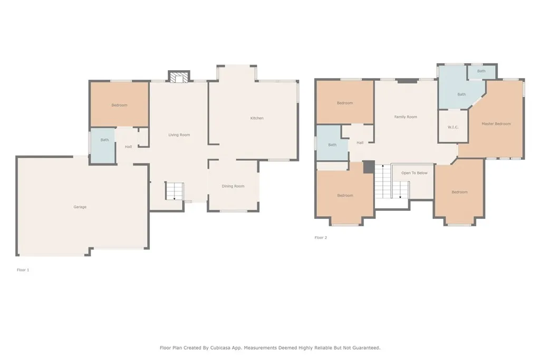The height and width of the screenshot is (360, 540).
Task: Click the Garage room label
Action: [x=80, y=207]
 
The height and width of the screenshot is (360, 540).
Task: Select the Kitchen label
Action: [x=257, y=118]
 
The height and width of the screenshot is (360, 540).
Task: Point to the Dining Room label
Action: [x=233, y=186]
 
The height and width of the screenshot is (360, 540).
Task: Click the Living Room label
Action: [x=179, y=135]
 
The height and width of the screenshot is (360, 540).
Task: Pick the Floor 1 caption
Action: [x=23, y=270]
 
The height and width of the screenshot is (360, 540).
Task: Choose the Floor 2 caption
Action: [x=321, y=238]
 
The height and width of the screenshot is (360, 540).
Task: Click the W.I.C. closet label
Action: [x=453, y=128]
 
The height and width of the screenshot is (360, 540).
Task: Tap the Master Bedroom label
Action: [x=496, y=124]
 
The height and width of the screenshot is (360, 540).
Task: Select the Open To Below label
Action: [x=414, y=173]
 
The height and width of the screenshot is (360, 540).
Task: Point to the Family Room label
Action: [x=406, y=117]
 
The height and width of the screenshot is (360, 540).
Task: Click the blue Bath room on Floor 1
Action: [x=103, y=145]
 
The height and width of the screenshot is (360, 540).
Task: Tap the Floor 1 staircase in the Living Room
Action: [x=174, y=191]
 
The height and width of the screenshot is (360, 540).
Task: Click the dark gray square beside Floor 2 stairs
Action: [x=369, y=167]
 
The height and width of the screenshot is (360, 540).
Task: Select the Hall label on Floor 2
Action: [x=360, y=143]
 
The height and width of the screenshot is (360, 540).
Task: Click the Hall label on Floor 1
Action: [x=129, y=147]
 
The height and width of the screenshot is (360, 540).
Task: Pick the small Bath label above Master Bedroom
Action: [x=481, y=71]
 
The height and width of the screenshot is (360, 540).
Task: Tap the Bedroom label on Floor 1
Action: [x=120, y=105]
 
